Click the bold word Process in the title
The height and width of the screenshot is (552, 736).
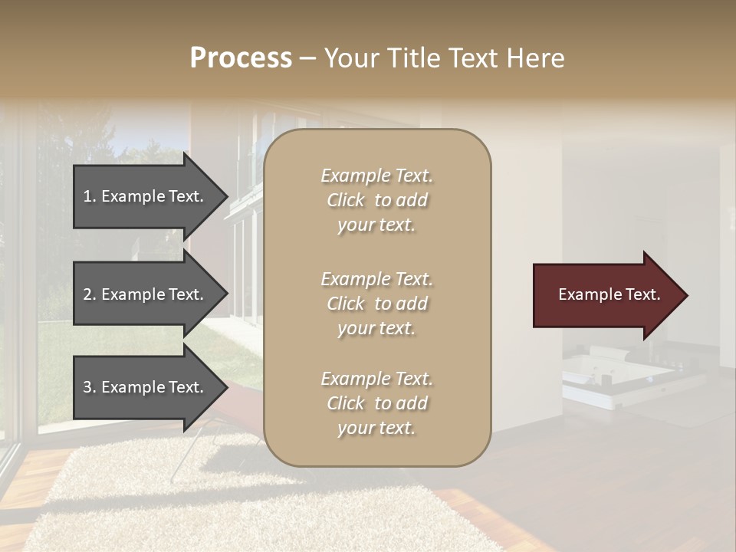[x=241, y=58]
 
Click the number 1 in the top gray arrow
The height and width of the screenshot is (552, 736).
[x=87, y=196]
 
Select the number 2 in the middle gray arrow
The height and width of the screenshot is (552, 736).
[x=87, y=294]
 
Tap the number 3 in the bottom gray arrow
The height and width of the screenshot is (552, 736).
[x=87, y=387]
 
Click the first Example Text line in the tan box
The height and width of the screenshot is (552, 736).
[x=377, y=176]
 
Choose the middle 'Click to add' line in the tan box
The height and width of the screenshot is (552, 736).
[x=377, y=304]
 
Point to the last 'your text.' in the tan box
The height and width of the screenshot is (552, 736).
[x=377, y=429]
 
